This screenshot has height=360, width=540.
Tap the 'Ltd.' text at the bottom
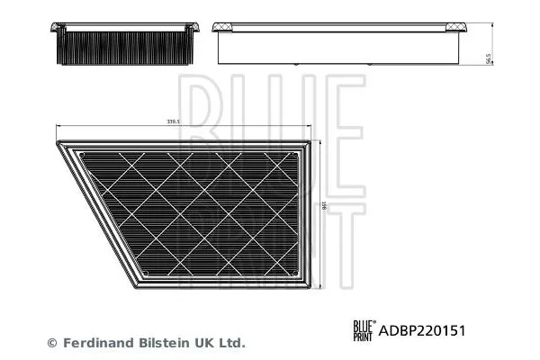point(233,343)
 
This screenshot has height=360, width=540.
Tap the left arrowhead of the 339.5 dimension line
point(59,126)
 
